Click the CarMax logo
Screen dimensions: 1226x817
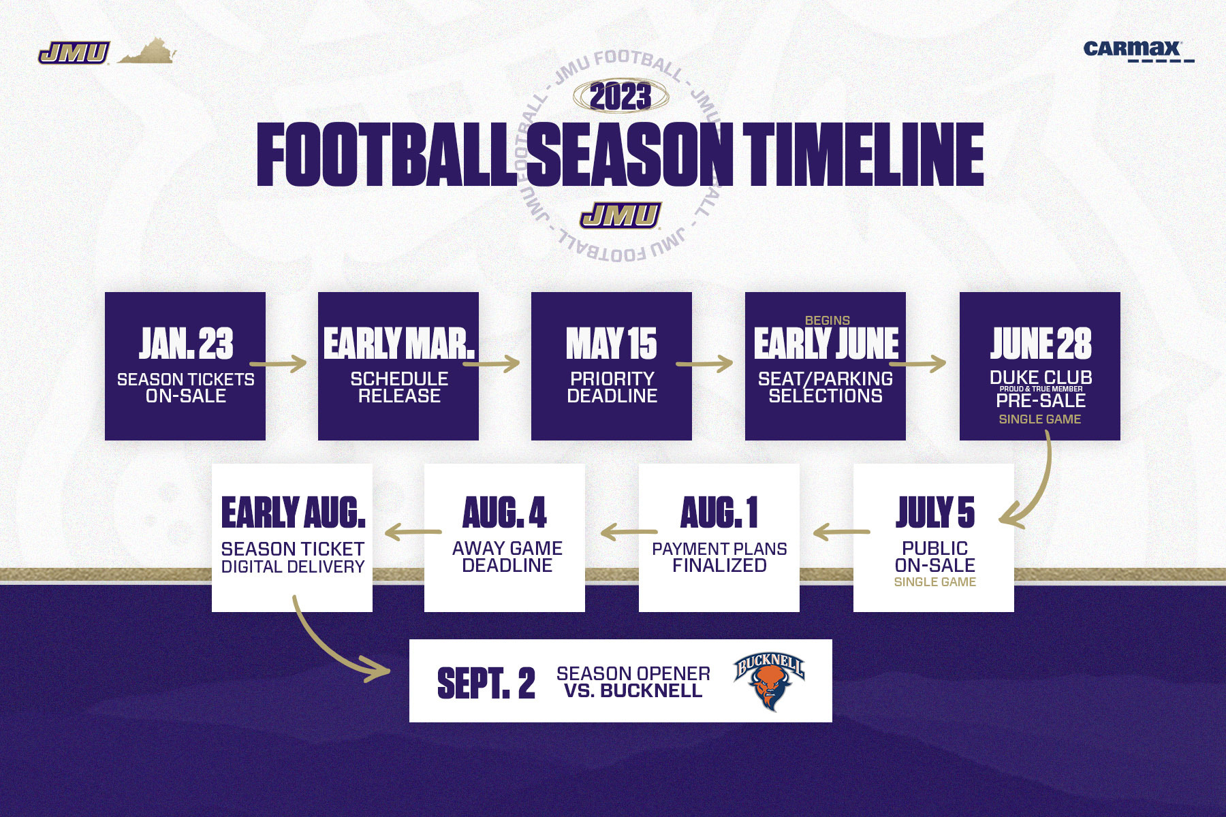point(1138,50)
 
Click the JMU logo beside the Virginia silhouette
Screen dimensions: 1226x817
point(74,53)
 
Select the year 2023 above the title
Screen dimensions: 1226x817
point(620,97)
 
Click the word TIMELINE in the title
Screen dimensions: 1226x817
point(863,155)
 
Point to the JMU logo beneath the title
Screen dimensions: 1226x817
point(620,215)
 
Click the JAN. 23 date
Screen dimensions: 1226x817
point(186,343)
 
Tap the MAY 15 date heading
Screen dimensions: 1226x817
point(612,343)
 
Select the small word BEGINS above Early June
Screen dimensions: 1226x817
point(828,320)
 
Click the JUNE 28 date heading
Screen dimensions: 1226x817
point(1041,343)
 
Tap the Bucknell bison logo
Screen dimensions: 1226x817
point(770,682)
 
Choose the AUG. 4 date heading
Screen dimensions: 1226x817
point(505,513)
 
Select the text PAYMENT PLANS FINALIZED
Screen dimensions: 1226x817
point(719,557)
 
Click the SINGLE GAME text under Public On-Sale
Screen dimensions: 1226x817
point(935,582)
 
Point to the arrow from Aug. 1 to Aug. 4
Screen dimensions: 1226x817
point(629,532)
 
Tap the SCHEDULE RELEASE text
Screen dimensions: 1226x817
point(399,387)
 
